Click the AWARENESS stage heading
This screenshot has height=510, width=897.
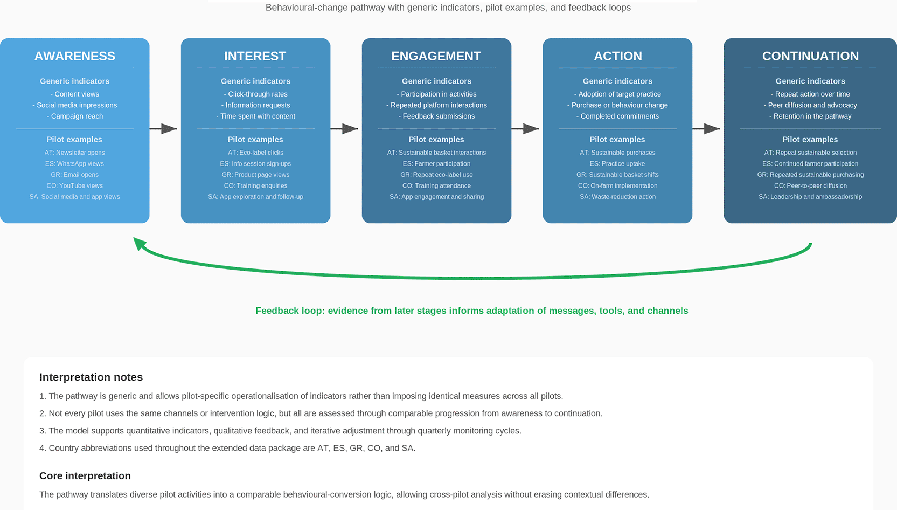(74, 56)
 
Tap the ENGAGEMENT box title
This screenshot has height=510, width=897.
(436, 56)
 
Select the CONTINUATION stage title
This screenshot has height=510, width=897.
(810, 56)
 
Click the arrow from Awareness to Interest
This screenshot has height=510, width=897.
(163, 129)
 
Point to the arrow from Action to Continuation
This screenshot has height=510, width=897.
(706, 129)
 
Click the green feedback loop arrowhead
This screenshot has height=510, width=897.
(140, 243)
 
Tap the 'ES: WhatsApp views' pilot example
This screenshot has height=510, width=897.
(74, 163)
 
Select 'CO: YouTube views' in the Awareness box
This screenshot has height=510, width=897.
(74, 185)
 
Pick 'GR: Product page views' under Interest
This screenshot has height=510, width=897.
(255, 175)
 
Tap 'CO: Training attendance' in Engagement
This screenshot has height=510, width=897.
(436, 185)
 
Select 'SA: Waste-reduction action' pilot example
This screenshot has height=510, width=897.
(617, 197)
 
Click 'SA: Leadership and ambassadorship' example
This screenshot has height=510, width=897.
(810, 197)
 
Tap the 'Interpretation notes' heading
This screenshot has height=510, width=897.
(91, 377)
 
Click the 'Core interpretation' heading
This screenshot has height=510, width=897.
(85, 475)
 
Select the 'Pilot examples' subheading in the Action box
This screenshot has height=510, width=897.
(617, 140)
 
